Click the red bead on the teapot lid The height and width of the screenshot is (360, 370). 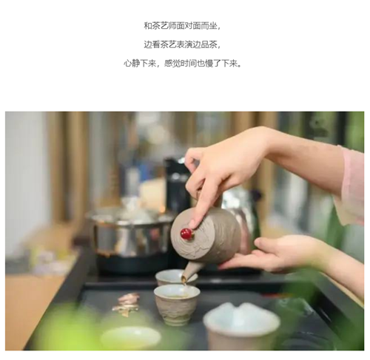point(186,234)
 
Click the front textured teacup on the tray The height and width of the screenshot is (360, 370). point(177,305)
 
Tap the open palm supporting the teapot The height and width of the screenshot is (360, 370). point(266,254)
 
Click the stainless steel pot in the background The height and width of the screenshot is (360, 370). point(130,234)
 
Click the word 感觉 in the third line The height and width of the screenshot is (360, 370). point(172,64)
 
